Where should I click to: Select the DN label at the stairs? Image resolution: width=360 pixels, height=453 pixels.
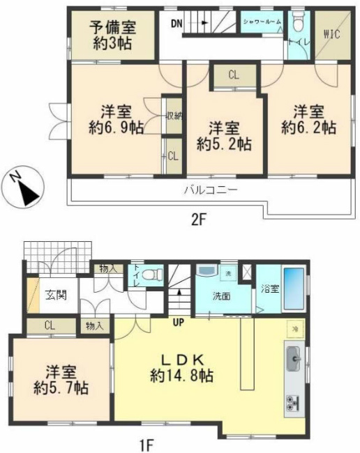[177, 22]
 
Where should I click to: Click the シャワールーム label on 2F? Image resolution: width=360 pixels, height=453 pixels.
[262, 22]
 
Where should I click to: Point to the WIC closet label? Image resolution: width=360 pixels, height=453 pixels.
[332, 35]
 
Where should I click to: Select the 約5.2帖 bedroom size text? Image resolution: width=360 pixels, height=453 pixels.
[224, 144]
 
